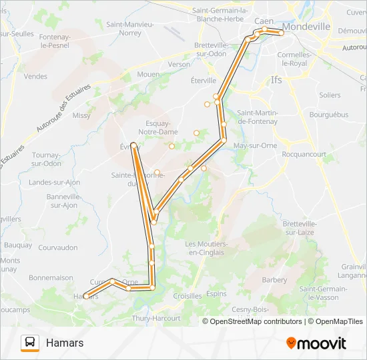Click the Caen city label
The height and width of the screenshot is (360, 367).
[x=264, y=21]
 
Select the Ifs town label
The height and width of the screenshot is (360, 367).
[x=277, y=80]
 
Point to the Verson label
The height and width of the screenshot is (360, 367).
[x=179, y=64]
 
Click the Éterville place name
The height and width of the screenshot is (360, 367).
[x=204, y=80]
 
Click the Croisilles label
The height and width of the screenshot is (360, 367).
[x=188, y=296]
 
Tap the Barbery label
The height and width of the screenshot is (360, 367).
[x=275, y=280]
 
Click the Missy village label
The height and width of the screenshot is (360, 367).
[x=81, y=115]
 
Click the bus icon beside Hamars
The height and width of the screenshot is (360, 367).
[x=30, y=343]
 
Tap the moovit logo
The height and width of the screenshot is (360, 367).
[x=316, y=343]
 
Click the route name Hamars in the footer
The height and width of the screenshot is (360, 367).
[x=65, y=343]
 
